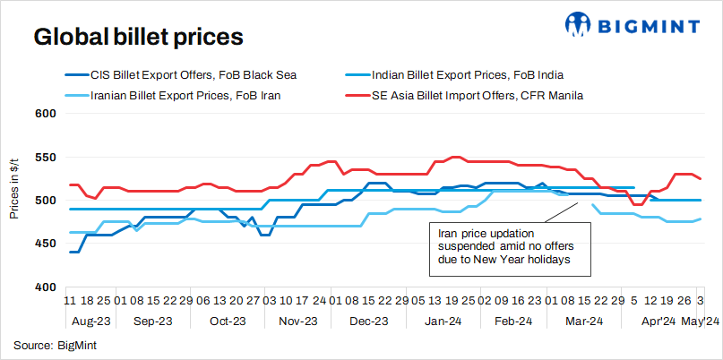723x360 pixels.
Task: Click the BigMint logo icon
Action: tap(576, 24)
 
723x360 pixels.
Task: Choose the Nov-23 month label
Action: tap(298, 320)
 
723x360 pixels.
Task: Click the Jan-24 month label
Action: tap(443, 320)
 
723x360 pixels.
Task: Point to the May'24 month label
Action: tap(700, 320)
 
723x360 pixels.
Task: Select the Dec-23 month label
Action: tap(368, 320)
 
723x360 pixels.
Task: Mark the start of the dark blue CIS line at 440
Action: tap(69, 253)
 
